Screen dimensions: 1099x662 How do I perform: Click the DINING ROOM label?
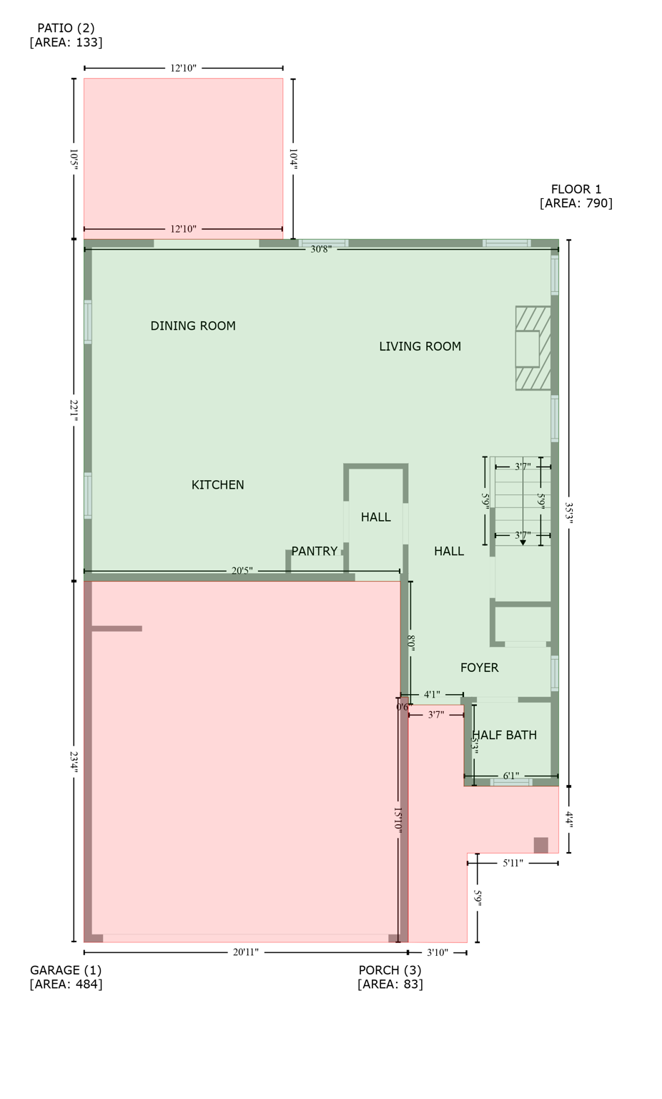[x=193, y=326]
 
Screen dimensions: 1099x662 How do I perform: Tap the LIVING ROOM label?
[x=420, y=347]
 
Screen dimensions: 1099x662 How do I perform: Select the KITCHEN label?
[x=217, y=485]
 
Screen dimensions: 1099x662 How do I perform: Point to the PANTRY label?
[x=314, y=552]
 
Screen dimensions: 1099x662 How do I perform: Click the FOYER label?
[x=479, y=668]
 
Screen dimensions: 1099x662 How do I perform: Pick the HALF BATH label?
[x=505, y=736]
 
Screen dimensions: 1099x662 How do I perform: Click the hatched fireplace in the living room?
[x=533, y=348]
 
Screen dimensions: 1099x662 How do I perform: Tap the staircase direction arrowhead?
[x=523, y=543]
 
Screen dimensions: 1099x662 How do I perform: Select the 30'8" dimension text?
[x=320, y=250]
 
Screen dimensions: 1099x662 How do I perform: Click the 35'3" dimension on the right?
[x=569, y=512]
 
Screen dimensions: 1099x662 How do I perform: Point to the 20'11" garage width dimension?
[x=245, y=953]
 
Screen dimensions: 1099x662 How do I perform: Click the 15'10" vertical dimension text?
[x=397, y=820]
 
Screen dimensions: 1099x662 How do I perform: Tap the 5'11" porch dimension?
[x=513, y=864]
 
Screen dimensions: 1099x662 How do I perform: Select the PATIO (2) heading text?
[x=66, y=29]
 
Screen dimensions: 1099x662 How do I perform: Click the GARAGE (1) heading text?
[x=66, y=971]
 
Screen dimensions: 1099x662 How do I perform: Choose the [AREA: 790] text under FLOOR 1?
[x=575, y=203]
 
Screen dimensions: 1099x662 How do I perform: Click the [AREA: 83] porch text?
[x=390, y=985]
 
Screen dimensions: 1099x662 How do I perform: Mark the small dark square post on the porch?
[x=540, y=845]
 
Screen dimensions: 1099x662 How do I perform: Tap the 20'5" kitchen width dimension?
[x=242, y=572]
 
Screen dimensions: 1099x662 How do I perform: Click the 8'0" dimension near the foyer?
[x=411, y=643]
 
